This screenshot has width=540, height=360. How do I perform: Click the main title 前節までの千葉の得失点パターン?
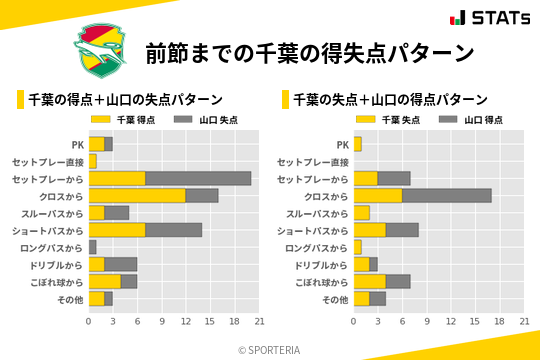tap(309, 52)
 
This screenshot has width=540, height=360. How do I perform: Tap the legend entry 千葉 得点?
tap(123, 119)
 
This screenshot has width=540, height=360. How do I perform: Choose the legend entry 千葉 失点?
tap(388, 119)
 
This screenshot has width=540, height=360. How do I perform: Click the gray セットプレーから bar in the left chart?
tap(198, 178)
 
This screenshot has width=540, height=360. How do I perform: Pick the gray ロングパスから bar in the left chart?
tap(93, 247)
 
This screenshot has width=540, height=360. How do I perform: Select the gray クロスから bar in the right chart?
tap(446, 196)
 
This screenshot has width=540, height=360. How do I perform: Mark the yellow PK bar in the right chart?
tap(358, 144)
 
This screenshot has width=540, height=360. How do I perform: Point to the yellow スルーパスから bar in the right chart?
tap(362, 213)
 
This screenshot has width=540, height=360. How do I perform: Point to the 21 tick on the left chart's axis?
tap(259, 321)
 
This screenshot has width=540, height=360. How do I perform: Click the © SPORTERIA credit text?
tap(270, 349)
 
